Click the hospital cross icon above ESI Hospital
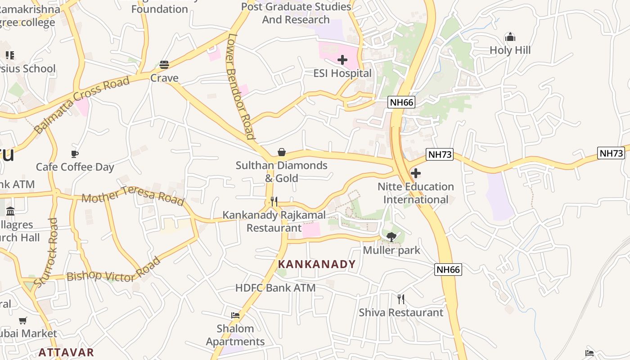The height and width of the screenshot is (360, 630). coord(342,59)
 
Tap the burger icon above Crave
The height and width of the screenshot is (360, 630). coord(164,65)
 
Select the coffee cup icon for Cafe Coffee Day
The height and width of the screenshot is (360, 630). coord(75,154)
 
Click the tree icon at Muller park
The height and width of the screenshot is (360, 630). coord(391,237)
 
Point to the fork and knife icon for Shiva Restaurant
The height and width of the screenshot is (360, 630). coord(401,299)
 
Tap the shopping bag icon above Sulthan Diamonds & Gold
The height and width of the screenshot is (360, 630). coord(282,152)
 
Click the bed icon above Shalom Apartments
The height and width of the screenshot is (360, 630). coord(235,315)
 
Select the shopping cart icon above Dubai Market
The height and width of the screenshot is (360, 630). coord(23,320)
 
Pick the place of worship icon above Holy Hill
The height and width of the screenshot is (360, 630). coord(510,36)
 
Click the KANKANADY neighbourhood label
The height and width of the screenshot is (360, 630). coord(317,264)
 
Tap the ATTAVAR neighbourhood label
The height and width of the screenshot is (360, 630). coord(66,352)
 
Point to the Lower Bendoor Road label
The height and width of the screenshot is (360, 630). coord(241,86)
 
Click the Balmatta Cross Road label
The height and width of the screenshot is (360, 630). coord(82,104)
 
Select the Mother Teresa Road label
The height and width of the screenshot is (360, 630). coord(133,197)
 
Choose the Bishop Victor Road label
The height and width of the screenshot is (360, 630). coord(113,271)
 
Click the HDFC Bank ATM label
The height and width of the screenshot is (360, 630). coord(275,288)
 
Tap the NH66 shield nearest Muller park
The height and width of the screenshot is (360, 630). coord(448,270)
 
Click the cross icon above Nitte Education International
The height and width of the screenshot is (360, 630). coord(416,173)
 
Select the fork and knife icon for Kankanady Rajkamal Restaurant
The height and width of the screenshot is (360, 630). coord(274,201)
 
